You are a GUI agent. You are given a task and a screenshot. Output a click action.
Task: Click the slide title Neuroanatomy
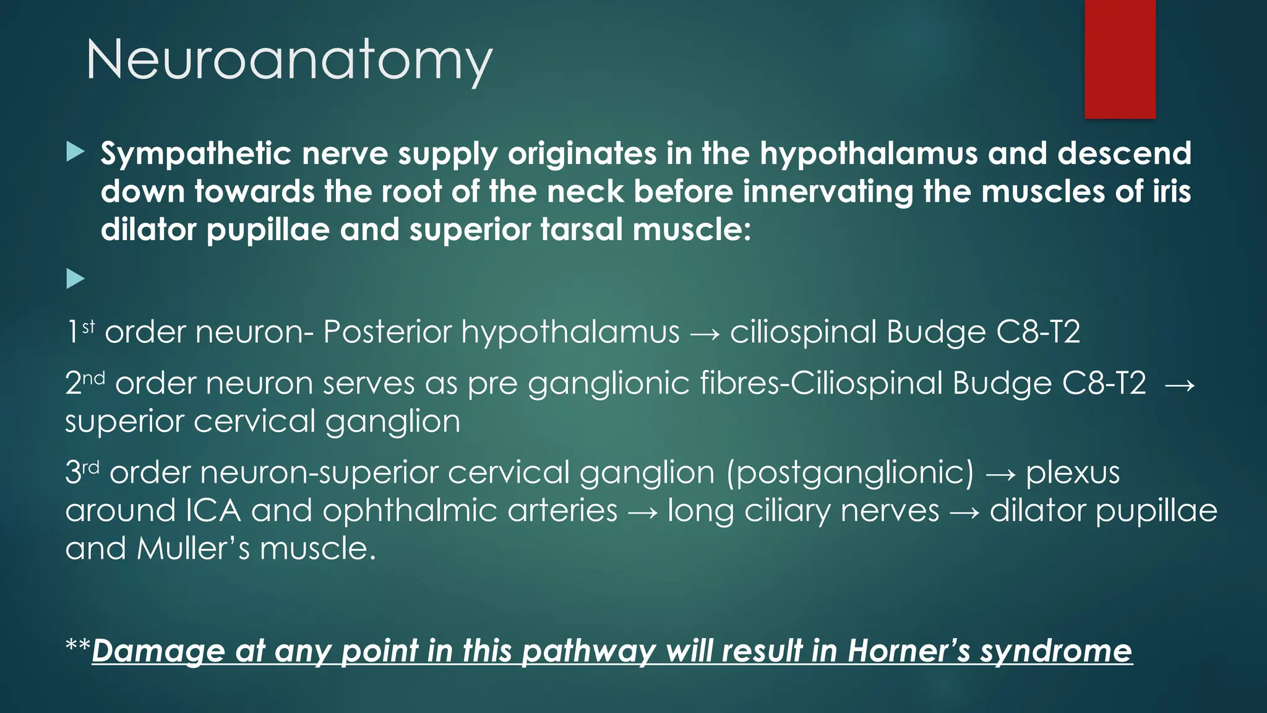tap(289, 60)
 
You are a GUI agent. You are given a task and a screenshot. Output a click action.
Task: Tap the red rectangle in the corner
tap(1120, 59)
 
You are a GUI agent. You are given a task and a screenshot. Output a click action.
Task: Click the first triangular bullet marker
tap(75, 152)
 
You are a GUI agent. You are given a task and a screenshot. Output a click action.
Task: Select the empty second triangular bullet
tap(75, 279)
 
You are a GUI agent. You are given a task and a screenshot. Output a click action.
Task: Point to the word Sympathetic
tap(195, 153)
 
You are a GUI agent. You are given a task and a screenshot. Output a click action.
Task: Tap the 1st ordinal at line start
tap(80, 331)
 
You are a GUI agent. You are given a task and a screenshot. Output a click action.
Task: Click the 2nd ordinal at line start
tap(85, 382)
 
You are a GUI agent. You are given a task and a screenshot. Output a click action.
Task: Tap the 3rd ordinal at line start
tap(82, 472)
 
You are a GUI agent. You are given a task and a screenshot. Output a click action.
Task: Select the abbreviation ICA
tap(213, 511)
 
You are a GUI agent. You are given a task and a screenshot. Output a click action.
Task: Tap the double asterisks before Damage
tap(78, 647)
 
